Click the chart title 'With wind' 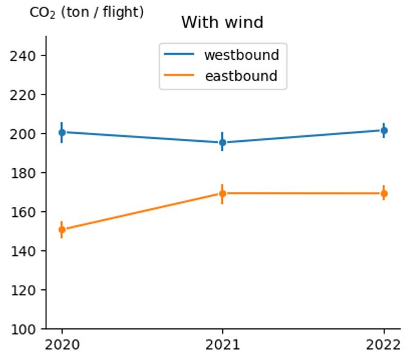pos(222,23)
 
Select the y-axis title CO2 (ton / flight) pos(87,12)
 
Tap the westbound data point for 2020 pos(62,132)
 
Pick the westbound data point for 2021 pos(222,143)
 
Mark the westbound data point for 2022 pos(384,130)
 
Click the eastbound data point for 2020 pos(62,230)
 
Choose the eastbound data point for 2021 pos(222,194)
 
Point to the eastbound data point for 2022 pos(384,194)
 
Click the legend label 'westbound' pos(241,55)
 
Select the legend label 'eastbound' pos(241,76)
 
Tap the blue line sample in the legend pos(179,55)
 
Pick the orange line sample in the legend pos(179,76)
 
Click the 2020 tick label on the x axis pos(62,345)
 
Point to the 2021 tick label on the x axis pos(222,345)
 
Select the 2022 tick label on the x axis pos(384,345)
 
